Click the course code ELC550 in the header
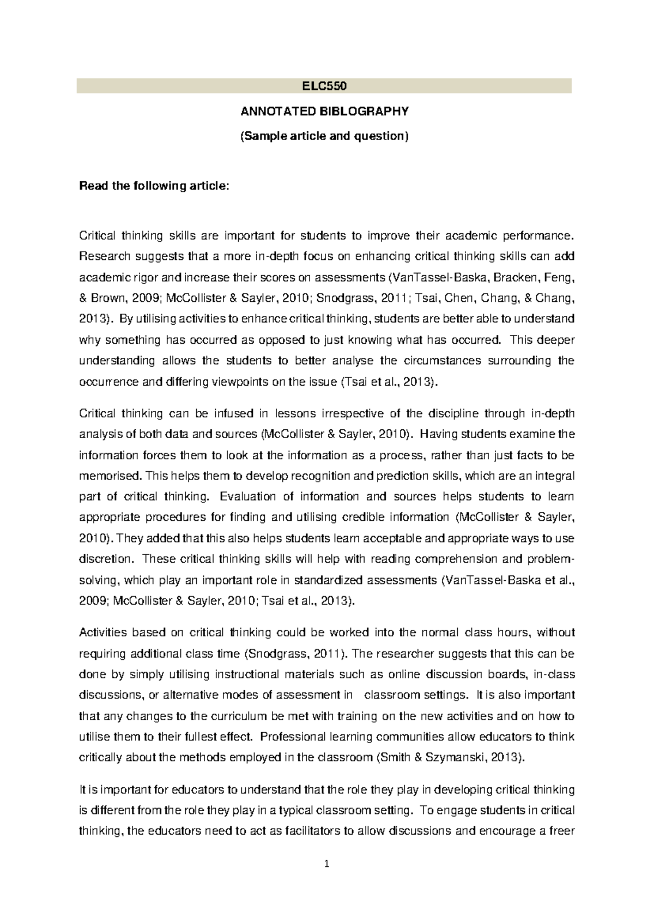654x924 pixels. pyautogui.click(x=324, y=86)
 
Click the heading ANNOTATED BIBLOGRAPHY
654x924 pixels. pyautogui.click(x=324, y=111)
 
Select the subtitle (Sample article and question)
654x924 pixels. pyautogui.click(x=324, y=136)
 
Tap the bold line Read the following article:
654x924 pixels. pyautogui.click(x=155, y=186)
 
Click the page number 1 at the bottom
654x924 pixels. pyautogui.click(x=326, y=864)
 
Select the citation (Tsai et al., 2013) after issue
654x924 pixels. pyautogui.click(x=389, y=382)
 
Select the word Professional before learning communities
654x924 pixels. pyautogui.click(x=293, y=737)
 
